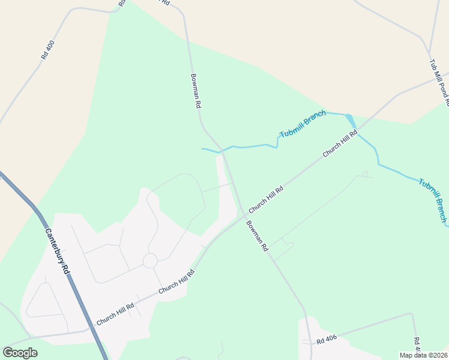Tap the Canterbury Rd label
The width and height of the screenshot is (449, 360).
click(x=57, y=250)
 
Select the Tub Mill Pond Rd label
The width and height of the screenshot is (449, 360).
click(x=439, y=83)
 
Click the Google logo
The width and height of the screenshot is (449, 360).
click(x=20, y=353)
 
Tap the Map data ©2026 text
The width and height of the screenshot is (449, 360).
click(x=424, y=355)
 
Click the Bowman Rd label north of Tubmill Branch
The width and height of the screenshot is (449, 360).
click(x=196, y=91)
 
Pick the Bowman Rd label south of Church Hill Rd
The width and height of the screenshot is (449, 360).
click(x=256, y=235)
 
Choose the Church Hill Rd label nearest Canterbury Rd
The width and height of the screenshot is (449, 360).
click(x=115, y=313)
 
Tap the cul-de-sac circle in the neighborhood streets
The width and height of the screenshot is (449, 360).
click(x=149, y=260)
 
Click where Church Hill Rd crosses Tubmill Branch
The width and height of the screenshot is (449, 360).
click(x=358, y=129)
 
